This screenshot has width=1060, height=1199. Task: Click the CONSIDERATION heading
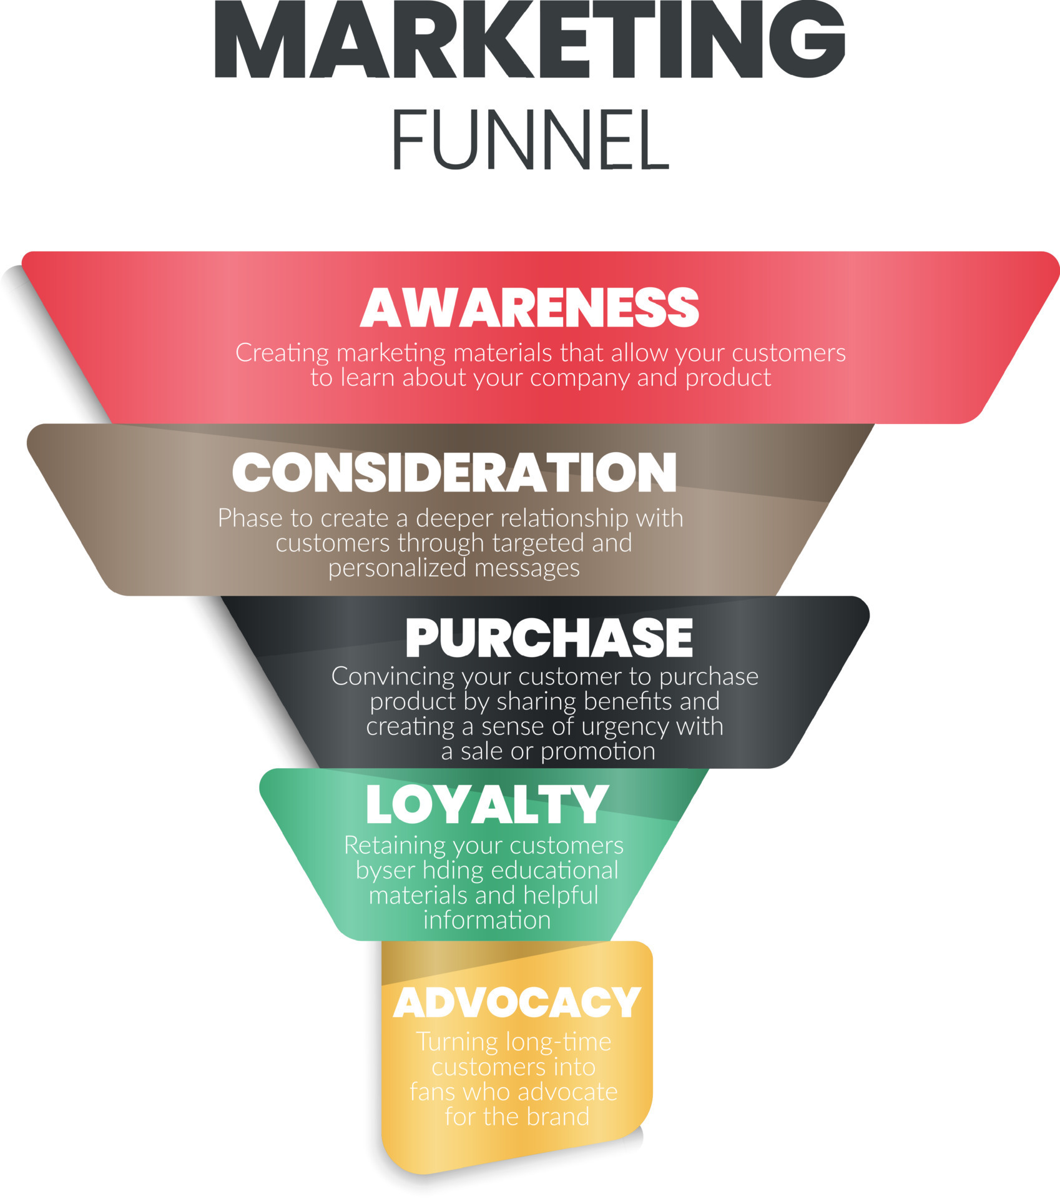pos(454,472)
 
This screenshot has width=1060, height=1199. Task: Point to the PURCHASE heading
pos(549,638)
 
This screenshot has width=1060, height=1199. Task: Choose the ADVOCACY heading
pos(517,1003)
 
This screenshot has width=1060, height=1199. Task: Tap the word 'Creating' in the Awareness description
pos(282,354)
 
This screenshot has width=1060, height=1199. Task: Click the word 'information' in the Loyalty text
pos(487,920)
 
